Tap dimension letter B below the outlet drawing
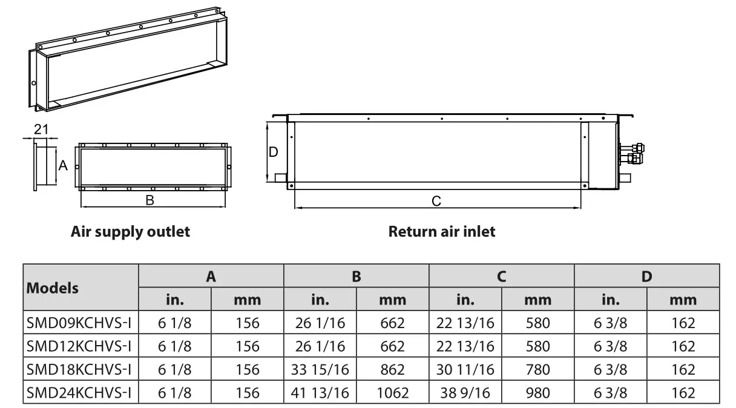tap(149, 200)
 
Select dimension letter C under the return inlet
tap(436, 201)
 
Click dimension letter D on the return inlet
tap(274, 152)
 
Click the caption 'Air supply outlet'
tap(130, 231)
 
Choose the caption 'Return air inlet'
tap(441, 231)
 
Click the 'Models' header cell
tap(53, 288)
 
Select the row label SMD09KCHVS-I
tap(79, 323)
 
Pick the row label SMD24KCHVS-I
tap(79, 393)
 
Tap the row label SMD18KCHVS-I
tap(79, 369)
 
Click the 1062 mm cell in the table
tap(392, 393)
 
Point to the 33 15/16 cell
tap(320, 369)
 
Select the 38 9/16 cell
tap(465, 393)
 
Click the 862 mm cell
tap(392, 369)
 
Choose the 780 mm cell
tap(537, 369)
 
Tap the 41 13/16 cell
tap(320, 393)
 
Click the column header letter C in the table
tap(501, 276)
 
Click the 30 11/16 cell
tap(465, 369)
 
